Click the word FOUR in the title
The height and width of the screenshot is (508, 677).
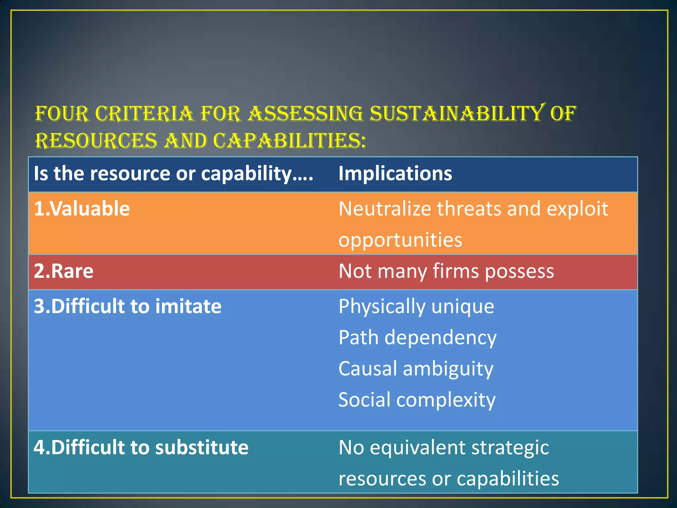click(x=62, y=114)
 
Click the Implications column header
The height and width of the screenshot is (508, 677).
click(x=395, y=174)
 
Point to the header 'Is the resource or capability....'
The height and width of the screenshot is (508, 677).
click(x=173, y=174)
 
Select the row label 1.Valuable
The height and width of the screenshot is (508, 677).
click(x=82, y=209)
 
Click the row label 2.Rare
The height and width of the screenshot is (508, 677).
click(x=63, y=271)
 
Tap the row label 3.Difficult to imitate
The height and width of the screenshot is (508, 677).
click(x=128, y=306)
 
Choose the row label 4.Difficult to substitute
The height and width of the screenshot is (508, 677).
click(x=141, y=447)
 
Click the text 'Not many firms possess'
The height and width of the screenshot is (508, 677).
click(x=446, y=271)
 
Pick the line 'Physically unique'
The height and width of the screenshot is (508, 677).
click(x=416, y=306)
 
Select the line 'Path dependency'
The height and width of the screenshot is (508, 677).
click(x=417, y=338)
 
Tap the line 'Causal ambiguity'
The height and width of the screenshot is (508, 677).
click(x=416, y=369)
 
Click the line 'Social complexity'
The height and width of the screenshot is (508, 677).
click(x=417, y=400)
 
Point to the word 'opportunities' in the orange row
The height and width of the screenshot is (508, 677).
click(x=400, y=240)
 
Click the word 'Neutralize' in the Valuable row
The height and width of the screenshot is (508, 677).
click(x=385, y=209)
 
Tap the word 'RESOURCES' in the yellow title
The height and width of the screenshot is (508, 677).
click(x=96, y=141)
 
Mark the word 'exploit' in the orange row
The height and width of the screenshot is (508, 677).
click(x=577, y=209)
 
